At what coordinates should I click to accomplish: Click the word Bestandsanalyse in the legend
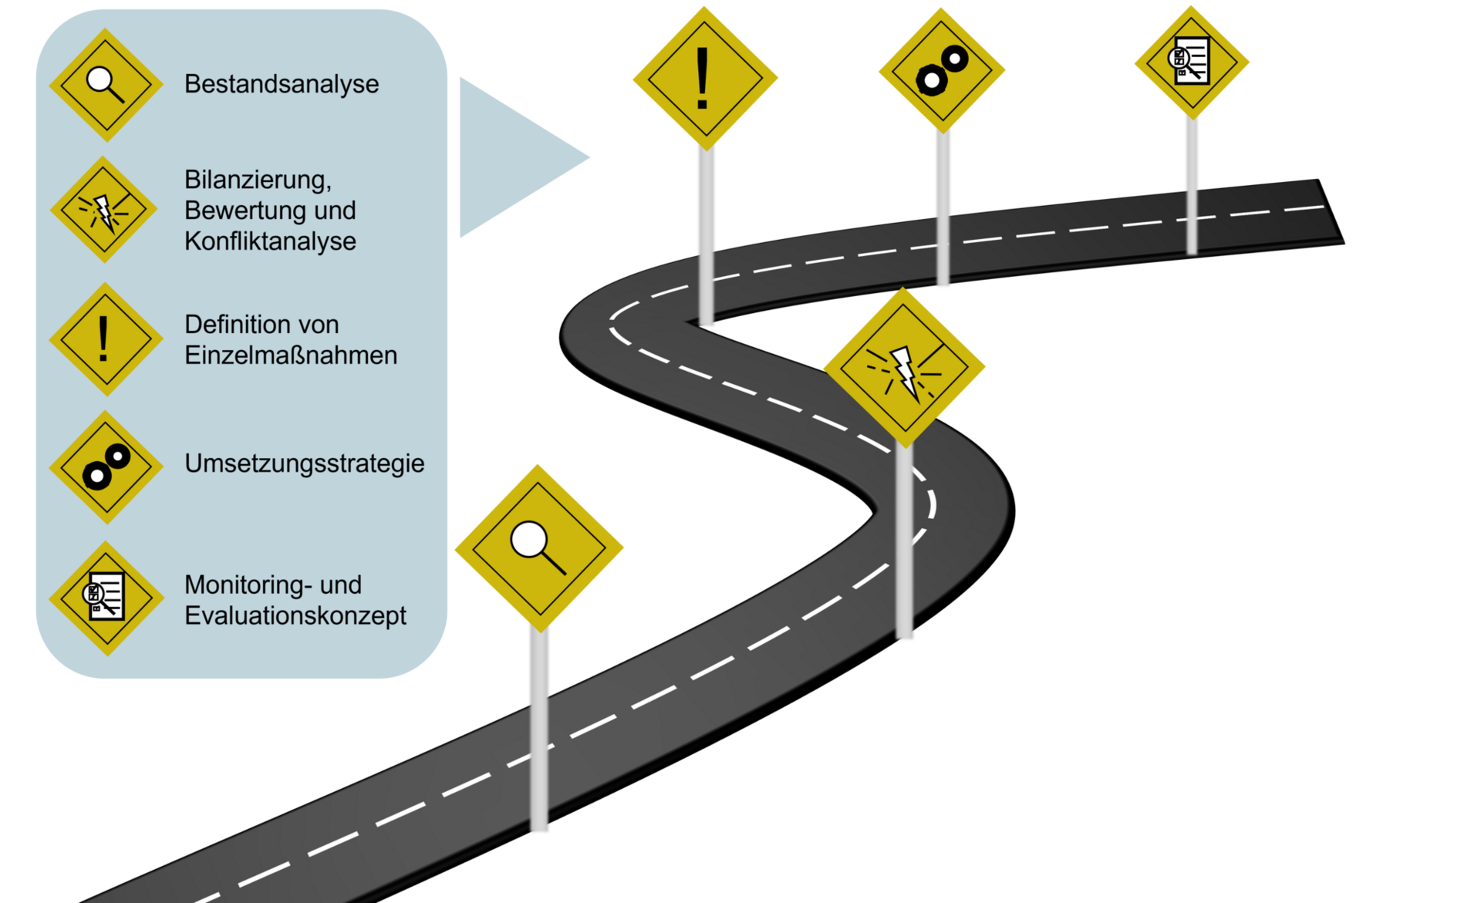point(282,84)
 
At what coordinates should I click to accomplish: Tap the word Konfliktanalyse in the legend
point(270,241)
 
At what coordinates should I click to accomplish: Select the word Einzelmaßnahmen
point(291,355)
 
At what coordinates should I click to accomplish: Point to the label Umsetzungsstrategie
point(304,463)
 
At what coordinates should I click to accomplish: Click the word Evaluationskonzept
point(295,616)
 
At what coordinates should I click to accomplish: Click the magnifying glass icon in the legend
point(106,85)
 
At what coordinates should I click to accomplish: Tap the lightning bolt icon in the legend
point(104,210)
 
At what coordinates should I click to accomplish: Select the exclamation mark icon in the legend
point(105,339)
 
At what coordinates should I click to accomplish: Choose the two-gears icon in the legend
point(106,467)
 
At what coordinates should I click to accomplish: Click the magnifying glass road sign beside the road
point(538,548)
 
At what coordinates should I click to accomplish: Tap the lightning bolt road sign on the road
point(904,368)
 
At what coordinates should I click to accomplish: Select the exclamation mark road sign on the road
point(704,78)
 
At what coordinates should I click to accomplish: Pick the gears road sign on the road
point(942,69)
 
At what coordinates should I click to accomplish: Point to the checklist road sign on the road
point(1191,62)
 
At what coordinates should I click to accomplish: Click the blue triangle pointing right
point(509,157)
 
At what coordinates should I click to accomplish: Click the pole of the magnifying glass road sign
point(539,733)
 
